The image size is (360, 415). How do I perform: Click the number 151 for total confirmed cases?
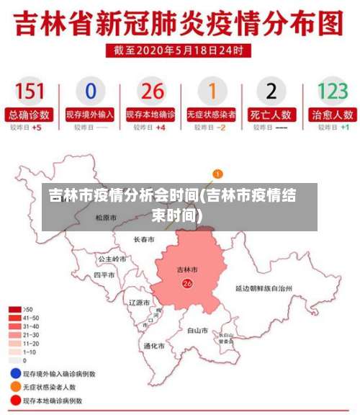point(30,92)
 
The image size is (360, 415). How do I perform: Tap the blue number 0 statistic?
point(90,92)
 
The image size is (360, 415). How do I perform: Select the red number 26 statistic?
point(152,92)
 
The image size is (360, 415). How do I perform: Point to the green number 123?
point(332,92)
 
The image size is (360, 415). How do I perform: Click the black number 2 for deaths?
point(271,92)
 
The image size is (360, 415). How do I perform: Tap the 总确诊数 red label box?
point(30,114)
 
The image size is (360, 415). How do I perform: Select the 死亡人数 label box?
point(271,114)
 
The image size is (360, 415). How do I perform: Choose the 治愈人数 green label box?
point(332,114)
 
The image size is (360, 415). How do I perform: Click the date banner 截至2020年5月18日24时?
point(179,51)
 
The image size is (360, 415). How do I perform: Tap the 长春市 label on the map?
point(144,239)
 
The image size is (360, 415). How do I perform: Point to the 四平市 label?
point(104,275)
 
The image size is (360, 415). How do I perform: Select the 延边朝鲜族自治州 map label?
point(264,287)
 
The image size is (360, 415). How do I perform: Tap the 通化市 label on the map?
point(154,346)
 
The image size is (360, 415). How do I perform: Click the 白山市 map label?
point(197,331)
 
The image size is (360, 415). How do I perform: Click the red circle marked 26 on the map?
point(187,284)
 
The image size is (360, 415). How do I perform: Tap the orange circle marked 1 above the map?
point(218,174)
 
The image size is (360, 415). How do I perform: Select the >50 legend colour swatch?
point(14,309)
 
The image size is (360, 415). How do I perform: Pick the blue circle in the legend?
point(14,374)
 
